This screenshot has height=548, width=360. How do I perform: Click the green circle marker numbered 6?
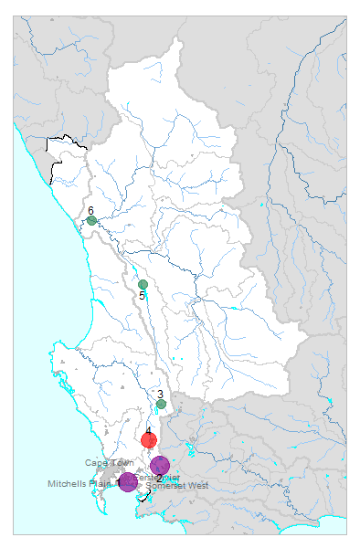coord(92,221)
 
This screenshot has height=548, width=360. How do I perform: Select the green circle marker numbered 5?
coord(143,285)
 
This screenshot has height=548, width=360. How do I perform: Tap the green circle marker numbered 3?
coord(161,404)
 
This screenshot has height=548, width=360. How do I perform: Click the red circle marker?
coord(149,440)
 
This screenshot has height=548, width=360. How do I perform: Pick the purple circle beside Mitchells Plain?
coord(128,481)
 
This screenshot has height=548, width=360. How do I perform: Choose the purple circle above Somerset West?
coord(160,465)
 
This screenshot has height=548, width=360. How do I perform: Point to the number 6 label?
coord(91,211)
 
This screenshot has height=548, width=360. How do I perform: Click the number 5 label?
coord(143,296)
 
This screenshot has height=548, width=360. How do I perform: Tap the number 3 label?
coord(160,394)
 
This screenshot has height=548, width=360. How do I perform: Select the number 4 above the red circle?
coord(148,430)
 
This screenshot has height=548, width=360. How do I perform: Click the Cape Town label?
coord(110,463)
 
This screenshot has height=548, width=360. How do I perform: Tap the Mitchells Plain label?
coord(80,484)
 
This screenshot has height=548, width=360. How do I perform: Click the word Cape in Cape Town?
coord(97,463)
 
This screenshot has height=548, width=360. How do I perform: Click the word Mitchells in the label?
coord(69,484)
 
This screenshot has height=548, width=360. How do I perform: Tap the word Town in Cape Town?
coord(121,463)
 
